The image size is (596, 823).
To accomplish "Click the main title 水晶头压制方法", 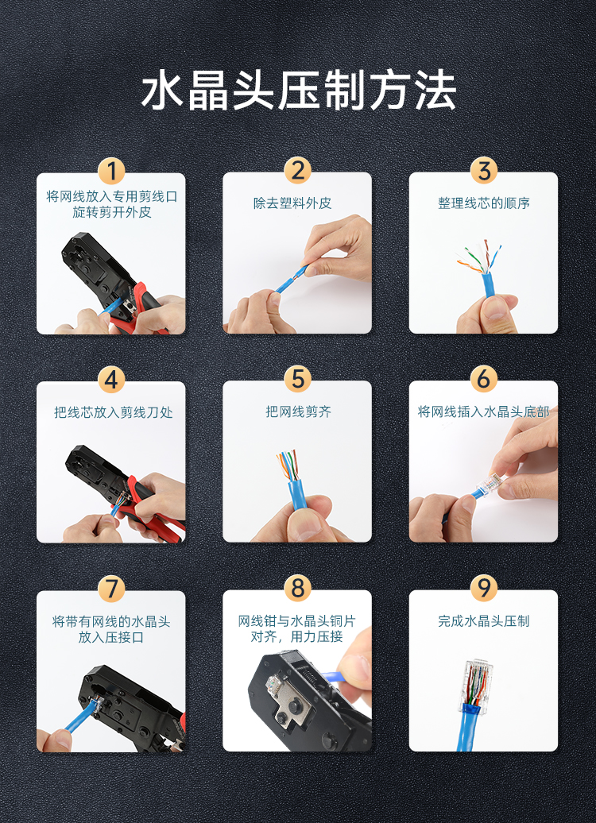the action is pos(298,91).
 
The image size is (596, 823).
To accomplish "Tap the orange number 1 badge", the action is pos(111,171).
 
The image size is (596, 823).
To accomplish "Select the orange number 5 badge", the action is pos(298,379).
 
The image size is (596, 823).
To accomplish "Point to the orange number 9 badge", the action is pos(484,588).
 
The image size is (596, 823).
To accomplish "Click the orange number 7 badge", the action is pos(111,589).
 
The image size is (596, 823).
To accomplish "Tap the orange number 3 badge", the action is pos(484,171).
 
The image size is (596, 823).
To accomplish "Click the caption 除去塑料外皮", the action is pos(292,203).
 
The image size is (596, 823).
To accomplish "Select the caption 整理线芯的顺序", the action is pos(484,203).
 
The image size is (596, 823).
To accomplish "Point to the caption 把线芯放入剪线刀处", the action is pos(114,412).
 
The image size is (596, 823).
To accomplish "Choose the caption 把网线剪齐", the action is pos(298,411).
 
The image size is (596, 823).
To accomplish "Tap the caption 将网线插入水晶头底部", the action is pos(484,411).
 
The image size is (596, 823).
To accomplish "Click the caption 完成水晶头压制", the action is pos(484,621).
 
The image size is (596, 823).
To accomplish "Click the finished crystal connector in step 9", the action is pos(475,685).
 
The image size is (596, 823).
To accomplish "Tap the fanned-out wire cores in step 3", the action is pos(479,257).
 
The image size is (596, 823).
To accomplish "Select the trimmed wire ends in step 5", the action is pos(288,464).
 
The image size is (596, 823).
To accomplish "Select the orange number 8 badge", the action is pos(298,588).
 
